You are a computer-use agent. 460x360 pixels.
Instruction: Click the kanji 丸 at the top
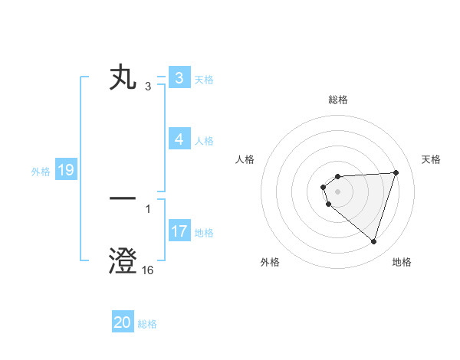[123, 78]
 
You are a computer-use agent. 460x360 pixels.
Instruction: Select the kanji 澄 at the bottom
[123, 260]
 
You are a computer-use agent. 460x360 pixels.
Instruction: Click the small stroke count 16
[148, 270]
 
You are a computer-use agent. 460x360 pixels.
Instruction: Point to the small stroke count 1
[148, 208]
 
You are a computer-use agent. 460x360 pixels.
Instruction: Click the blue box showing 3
[179, 78]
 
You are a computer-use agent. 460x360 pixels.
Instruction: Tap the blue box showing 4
[179, 139]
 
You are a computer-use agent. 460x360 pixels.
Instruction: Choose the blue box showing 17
[179, 231]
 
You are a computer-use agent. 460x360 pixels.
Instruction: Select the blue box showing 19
[65, 171]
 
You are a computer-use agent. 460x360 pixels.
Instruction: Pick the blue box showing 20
[123, 323]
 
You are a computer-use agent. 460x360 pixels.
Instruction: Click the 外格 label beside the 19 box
[41, 172]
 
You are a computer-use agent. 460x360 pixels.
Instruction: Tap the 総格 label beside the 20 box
[147, 324]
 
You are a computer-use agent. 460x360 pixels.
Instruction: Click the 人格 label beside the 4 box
[204, 141]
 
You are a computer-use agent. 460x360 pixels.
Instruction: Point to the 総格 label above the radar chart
[338, 100]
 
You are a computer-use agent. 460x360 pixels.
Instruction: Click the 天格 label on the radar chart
[432, 159]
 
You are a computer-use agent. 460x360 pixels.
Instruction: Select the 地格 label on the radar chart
[402, 262]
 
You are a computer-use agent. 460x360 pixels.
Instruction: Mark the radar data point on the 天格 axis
[396, 172]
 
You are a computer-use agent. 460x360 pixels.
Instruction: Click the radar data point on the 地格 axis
[373, 242]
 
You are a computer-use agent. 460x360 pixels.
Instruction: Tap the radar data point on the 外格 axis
[329, 204]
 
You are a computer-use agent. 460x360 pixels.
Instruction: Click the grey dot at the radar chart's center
[337, 191]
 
